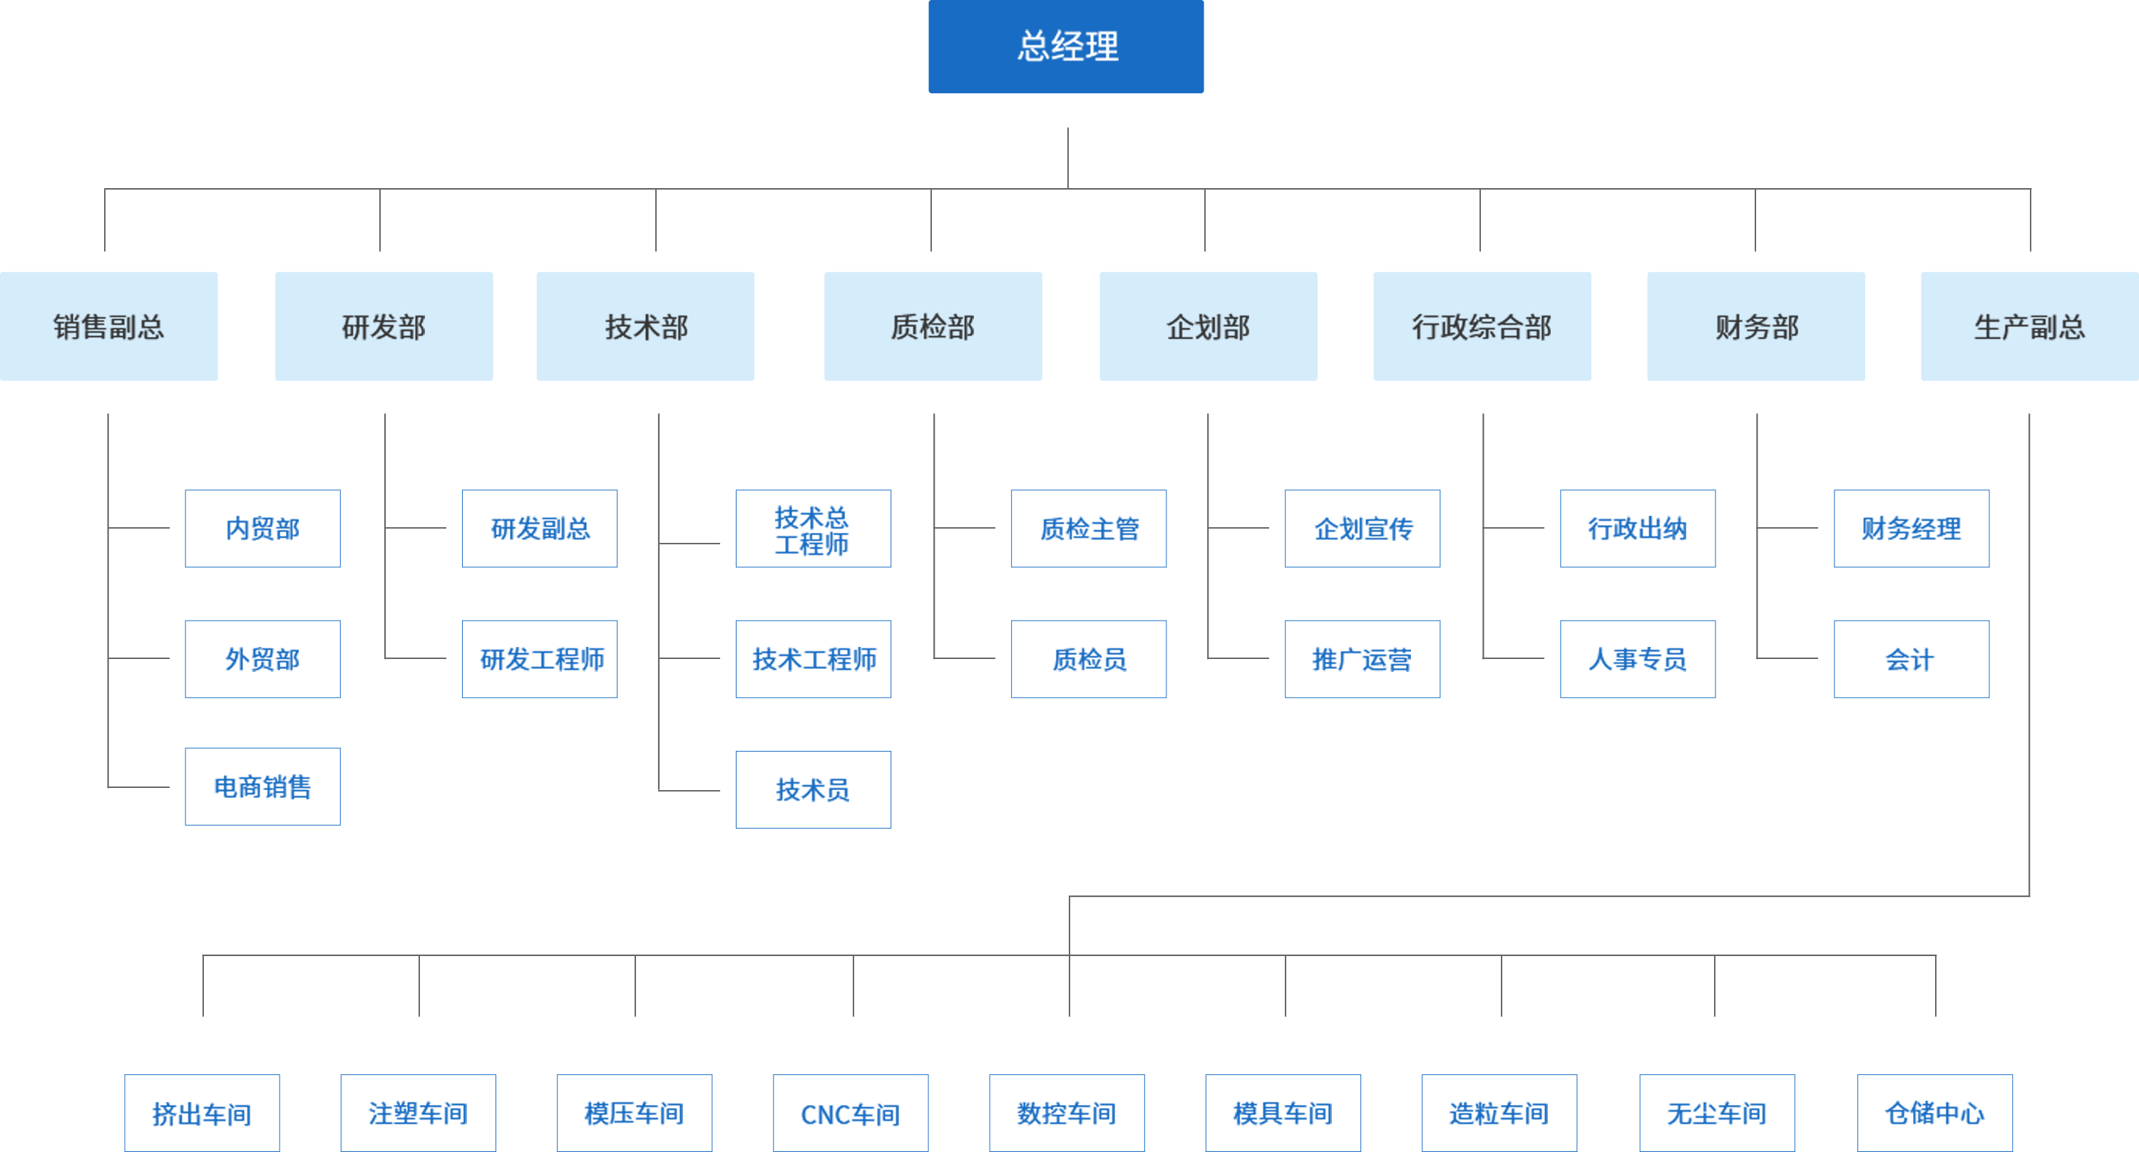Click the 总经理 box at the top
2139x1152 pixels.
(x=1065, y=46)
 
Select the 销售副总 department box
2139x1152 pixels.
(x=109, y=326)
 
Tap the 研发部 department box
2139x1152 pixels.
(x=384, y=326)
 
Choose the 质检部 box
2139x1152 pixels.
(x=933, y=326)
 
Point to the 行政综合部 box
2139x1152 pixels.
(x=1482, y=326)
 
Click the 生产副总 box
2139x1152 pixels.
(x=2028, y=326)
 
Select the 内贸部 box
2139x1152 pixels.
(x=262, y=529)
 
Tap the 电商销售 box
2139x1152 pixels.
(x=262, y=786)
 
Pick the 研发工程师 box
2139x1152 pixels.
(x=540, y=659)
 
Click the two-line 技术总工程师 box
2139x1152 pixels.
(x=813, y=529)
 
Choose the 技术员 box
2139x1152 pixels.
(x=813, y=789)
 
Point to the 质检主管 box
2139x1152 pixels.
(x=1089, y=529)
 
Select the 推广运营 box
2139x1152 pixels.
(x=1362, y=659)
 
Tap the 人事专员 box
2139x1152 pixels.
(x=1638, y=659)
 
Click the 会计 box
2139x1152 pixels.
(x=1911, y=659)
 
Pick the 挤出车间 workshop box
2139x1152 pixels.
(x=202, y=1112)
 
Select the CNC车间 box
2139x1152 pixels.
(x=851, y=1112)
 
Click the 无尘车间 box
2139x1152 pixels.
(x=1716, y=1112)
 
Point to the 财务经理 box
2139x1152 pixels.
(x=1911, y=529)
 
